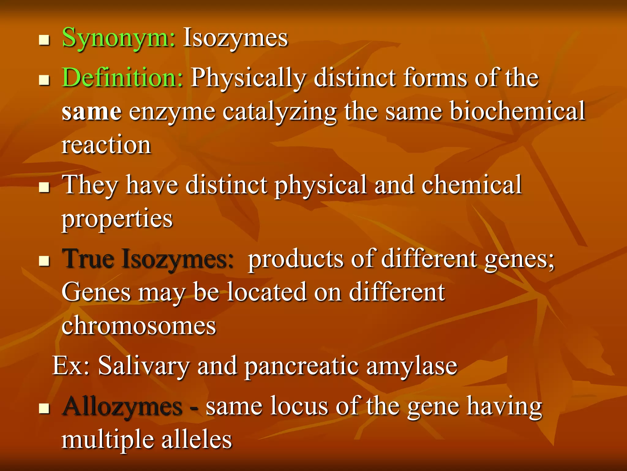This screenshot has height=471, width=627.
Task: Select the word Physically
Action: (x=248, y=78)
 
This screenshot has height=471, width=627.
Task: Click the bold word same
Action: (x=92, y=112)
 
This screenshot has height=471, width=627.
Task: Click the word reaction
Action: (x=106, y=145)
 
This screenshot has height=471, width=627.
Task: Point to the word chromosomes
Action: (x=139, y=326)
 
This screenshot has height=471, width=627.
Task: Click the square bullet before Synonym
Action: (x=44, y=40)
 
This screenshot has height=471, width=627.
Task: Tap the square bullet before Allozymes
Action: (x=44, y=409)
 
